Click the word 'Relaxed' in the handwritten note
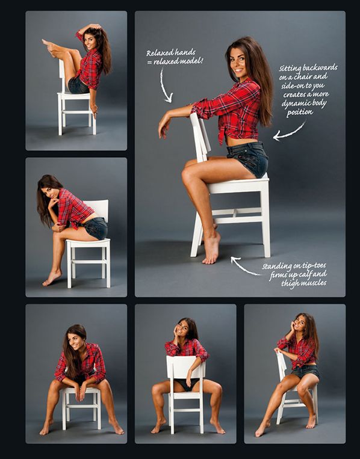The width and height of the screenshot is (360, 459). pyautogui.click(x=159, y=53)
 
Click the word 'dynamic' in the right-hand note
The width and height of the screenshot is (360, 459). pyautogui.click(x=295, y=103)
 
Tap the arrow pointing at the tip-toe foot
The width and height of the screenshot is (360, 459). pyautogui.click(x=244, y=266)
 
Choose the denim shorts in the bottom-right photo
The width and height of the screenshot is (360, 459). pyautogui.click(x=305, y=371)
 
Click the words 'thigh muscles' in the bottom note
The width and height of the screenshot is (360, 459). pyautogui.click(x=304, y=283)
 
